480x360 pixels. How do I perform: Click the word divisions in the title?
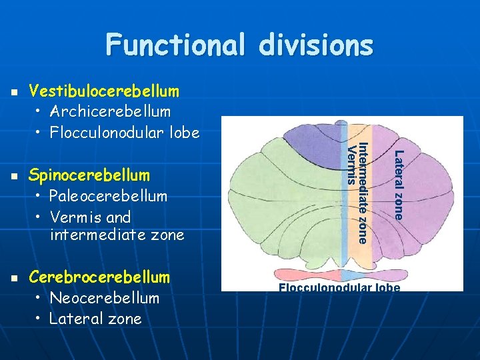pos(319,45)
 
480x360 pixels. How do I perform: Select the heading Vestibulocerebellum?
pos(105,91)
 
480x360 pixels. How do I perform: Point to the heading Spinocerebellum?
pos(89,176)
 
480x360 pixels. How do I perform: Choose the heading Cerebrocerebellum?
pos(99,277)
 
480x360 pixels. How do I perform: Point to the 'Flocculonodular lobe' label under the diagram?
pos(339,287)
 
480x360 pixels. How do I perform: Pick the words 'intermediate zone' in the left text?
pos(117,235)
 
